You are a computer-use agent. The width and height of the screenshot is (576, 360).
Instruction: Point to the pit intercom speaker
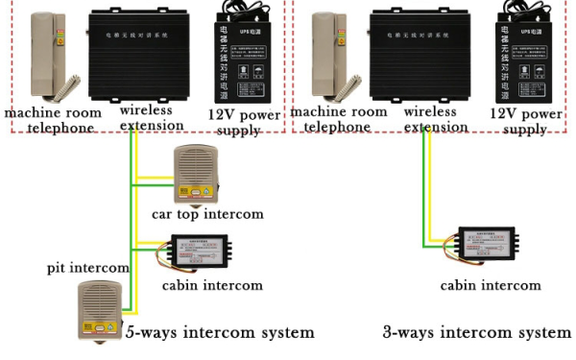(98, 306)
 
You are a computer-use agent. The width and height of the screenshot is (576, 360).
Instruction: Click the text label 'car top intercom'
(206, 214)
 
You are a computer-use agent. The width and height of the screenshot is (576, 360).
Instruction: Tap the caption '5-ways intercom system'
(220, 332)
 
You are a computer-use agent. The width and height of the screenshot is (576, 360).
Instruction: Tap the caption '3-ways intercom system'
(476, 332)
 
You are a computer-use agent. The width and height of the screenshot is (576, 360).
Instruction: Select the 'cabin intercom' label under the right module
(490, 285)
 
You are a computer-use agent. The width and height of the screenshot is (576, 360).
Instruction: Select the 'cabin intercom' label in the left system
(211, 285)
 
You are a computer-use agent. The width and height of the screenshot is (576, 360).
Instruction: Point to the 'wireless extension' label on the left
(147, 119)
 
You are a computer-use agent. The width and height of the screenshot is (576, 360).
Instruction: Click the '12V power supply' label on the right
(526, 121)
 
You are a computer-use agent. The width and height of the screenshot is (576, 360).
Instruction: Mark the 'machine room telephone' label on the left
(49, 120)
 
